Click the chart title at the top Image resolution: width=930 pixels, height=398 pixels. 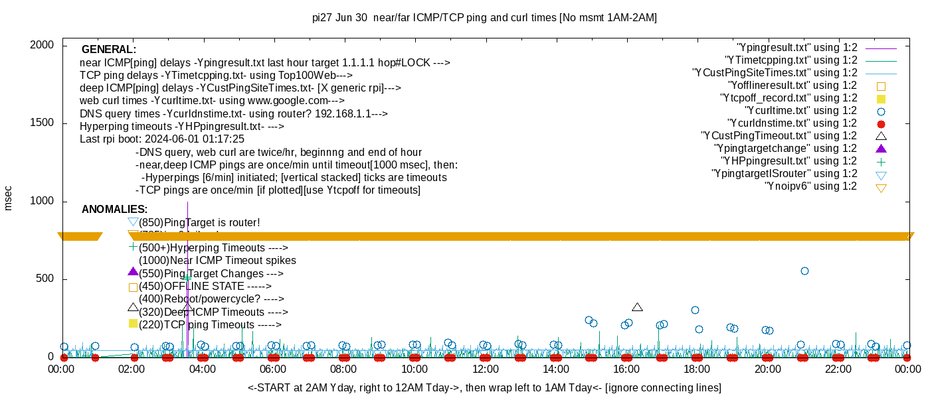484,18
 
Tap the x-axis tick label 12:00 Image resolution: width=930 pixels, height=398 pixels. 485,369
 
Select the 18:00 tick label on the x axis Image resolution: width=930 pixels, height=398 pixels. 697,369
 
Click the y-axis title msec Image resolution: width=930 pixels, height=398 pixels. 9,198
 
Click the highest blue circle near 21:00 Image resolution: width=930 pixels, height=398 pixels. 804,271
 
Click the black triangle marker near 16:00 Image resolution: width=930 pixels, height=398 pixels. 638,307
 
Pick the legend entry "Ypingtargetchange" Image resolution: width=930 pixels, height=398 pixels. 785,149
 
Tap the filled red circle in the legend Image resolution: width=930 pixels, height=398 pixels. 882,124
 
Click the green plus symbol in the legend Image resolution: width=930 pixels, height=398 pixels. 882,162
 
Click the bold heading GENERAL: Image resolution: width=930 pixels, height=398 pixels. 108,50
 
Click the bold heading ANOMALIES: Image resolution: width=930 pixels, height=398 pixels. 114,210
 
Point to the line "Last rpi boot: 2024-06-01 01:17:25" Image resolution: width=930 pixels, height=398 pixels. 162,139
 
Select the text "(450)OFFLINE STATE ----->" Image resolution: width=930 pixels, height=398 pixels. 205,287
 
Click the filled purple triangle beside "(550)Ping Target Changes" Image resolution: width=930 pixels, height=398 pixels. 133,272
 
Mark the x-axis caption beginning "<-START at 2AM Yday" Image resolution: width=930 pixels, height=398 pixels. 484,387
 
